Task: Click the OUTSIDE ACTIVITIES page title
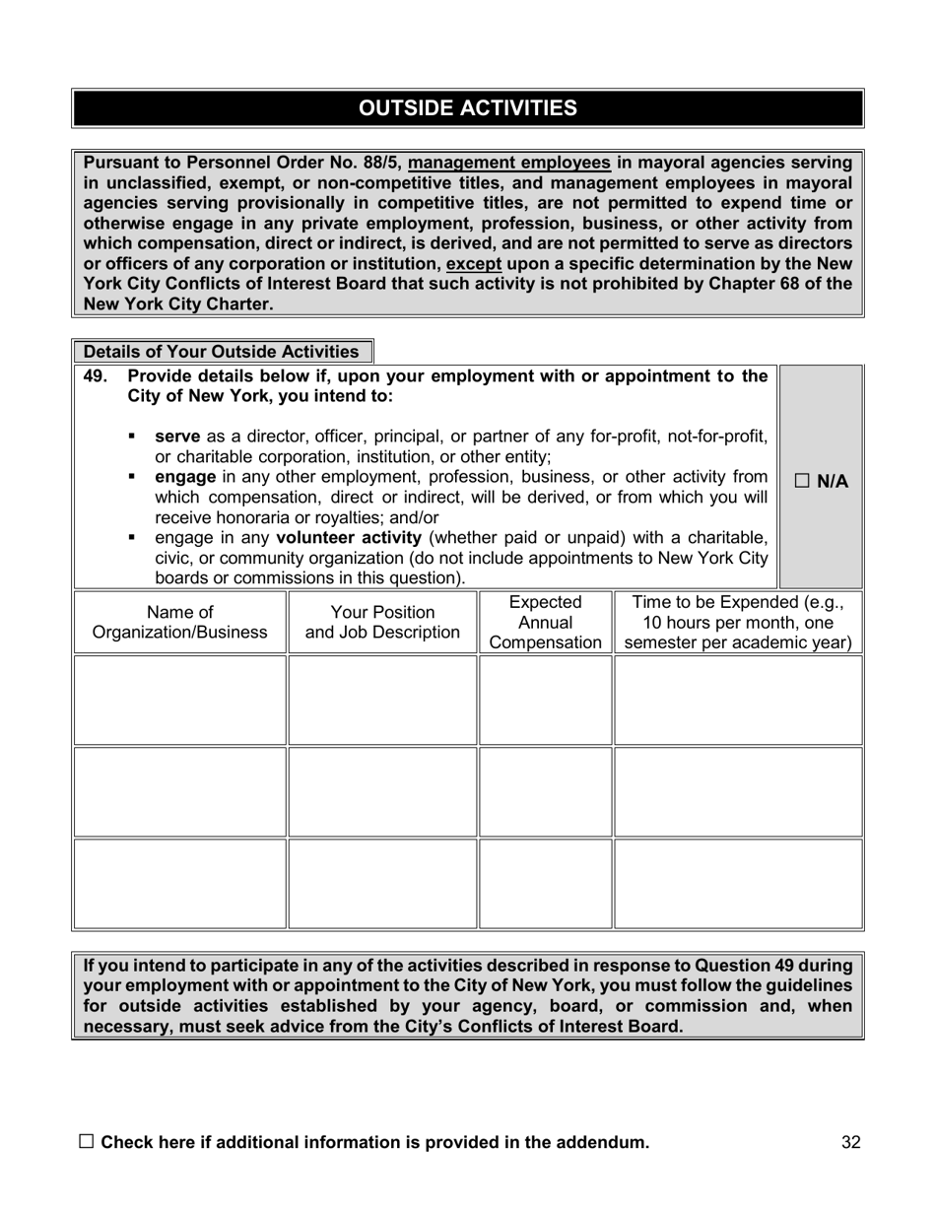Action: pos(468,108)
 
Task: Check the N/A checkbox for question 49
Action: pos(801,481)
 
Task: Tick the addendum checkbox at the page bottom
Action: pos(86,1141)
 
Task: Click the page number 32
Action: pos(851,1142)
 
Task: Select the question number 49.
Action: pos(96,375)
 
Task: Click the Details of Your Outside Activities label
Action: pos(222,352)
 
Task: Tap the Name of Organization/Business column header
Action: pos(179,622)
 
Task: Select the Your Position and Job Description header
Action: pos(382,622)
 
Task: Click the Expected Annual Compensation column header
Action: pos(545,622)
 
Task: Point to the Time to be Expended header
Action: pos(738,622)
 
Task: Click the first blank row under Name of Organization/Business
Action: pos(179,700)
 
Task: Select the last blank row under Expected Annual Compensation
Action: pos(545,883)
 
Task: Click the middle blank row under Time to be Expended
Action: pos(738,791)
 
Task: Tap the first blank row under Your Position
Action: pos(382,700)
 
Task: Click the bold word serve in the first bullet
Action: pos(177,437)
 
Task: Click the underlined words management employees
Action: pos(509,163)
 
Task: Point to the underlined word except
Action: pos(474,264)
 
